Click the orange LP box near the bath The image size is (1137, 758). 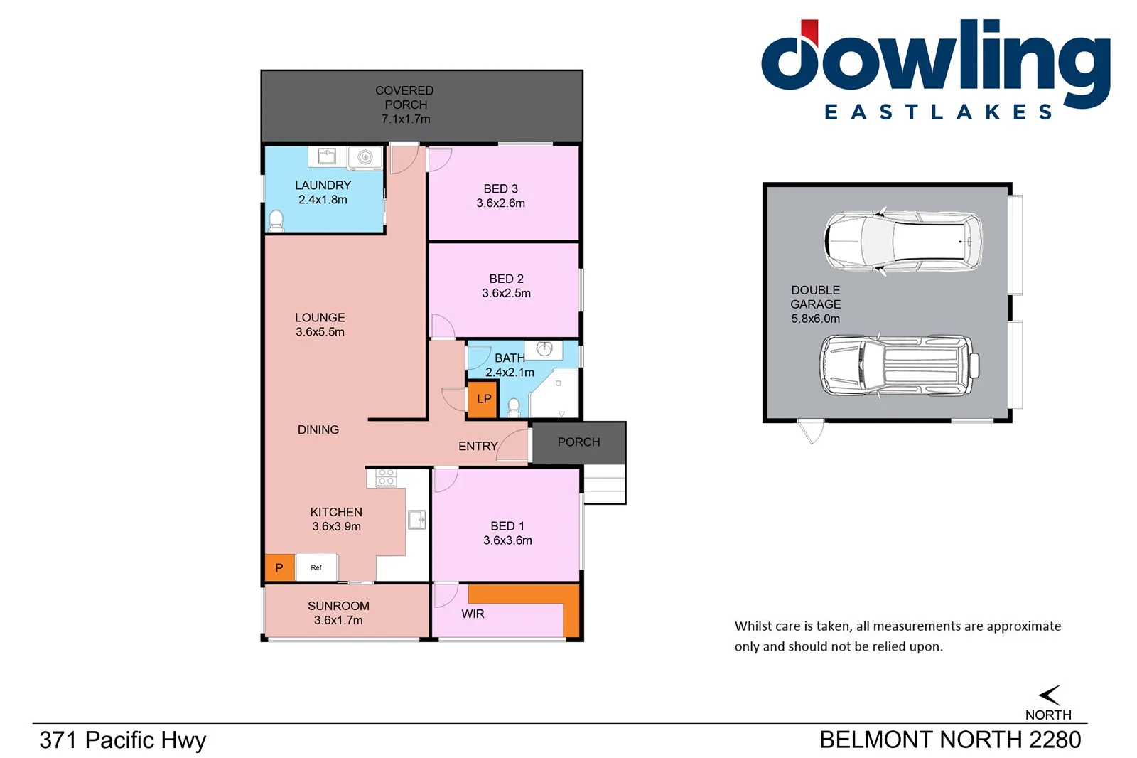[483, 399]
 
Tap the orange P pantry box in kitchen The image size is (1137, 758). [279, 567]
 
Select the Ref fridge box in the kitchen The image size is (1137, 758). [316, 567]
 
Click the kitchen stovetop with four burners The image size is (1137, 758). [386, 477]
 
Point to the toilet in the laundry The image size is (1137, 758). [276, 221]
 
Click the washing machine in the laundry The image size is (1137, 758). [365, 157]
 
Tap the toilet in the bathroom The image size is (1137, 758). [514, 407]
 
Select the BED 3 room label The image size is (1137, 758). [500, 188]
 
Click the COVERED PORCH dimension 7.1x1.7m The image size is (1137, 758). [406, 119]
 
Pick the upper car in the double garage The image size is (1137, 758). [902, 241]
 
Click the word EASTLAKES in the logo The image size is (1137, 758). [938, 112]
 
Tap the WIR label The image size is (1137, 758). [473, 614]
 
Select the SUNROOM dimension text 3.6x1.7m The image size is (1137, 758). [338, 620]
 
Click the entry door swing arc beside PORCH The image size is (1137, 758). [513, 445]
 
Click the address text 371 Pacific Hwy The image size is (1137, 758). [122, 740]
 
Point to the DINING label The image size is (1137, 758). [318, 429]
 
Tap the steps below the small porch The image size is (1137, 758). [604, 485]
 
